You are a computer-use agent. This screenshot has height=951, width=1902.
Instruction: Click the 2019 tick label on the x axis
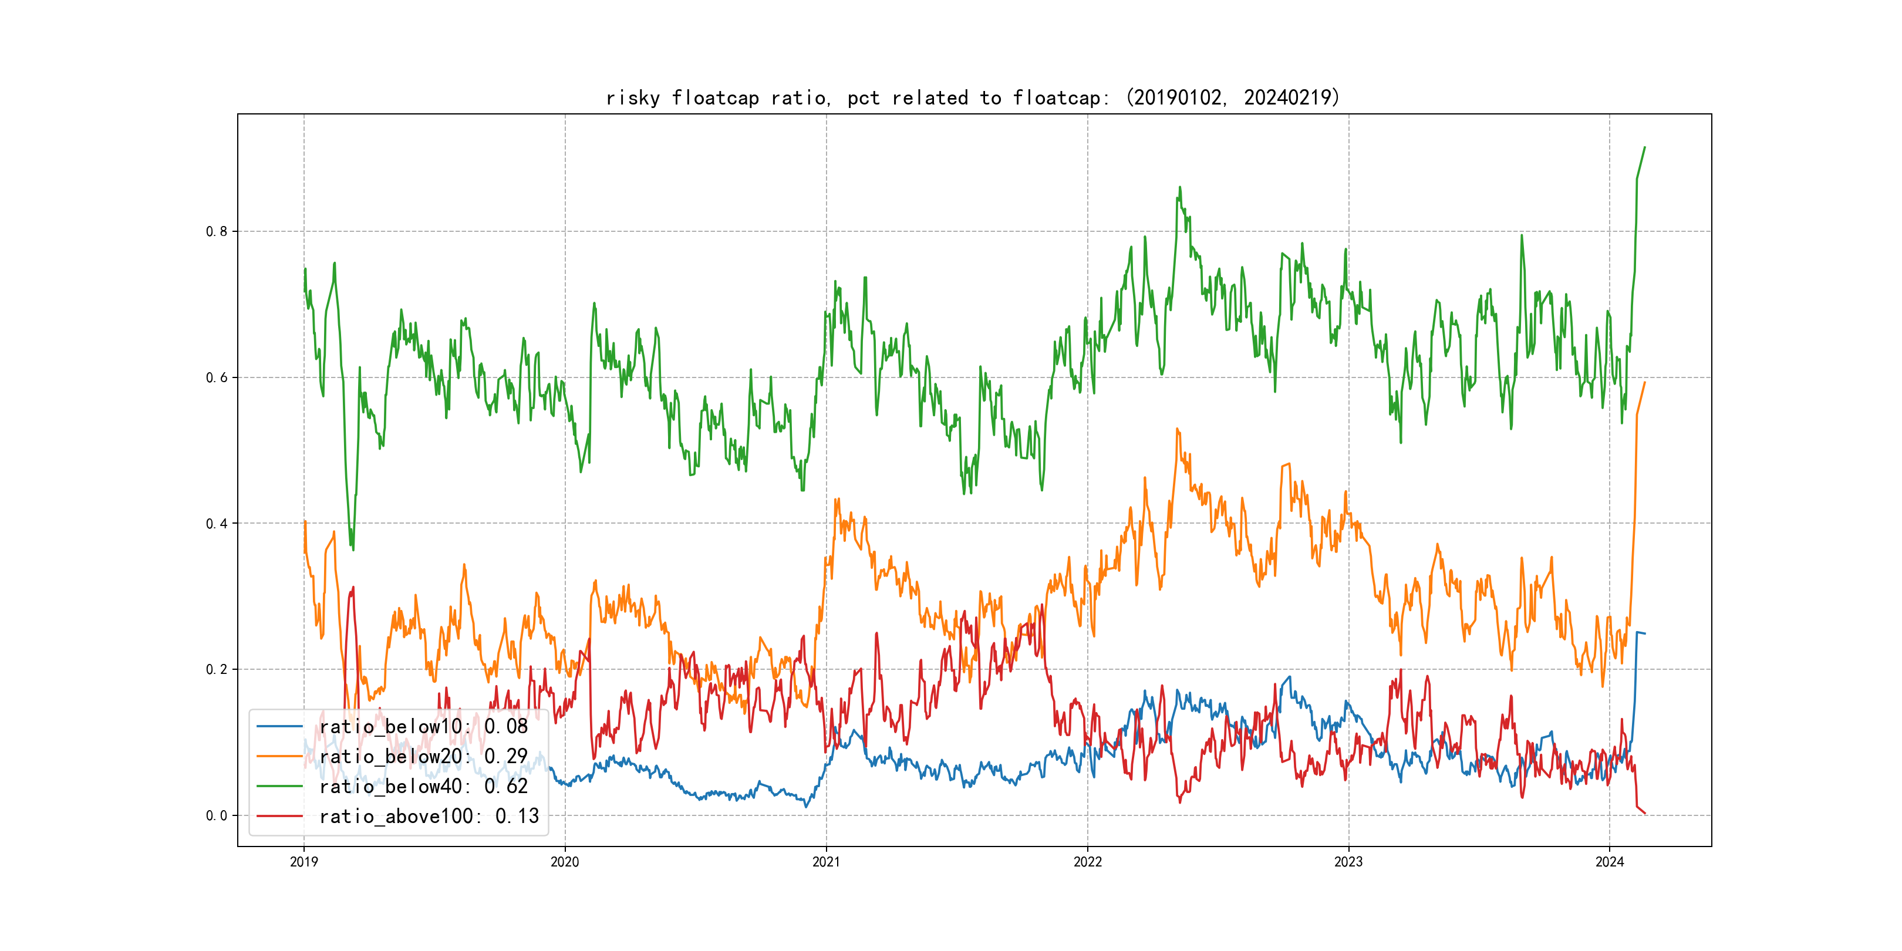[x=303, y=862]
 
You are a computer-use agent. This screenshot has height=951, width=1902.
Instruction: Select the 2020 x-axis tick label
[x=565, y=862]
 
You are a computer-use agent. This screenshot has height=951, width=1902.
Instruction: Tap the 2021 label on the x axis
[x=826, y=862]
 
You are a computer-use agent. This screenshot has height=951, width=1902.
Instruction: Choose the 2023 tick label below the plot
[x=1348, y=862]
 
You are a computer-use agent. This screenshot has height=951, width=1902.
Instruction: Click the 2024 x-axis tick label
[x=1610, y=862]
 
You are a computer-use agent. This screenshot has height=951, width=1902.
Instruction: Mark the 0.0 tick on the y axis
[x=217, y=816]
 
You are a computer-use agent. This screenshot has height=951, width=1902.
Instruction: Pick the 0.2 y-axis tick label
[x=217, y=670]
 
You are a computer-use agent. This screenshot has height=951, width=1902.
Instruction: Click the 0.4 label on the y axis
[x=217, y=524]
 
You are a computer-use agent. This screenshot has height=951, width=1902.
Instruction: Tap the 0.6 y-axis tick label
[x=217, y=377]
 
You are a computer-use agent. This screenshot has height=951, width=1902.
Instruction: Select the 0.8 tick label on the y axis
[x=217, y=231]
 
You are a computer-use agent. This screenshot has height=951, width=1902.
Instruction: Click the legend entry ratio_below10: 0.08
[x=423, y=727]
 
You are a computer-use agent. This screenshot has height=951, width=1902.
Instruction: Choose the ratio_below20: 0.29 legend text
[x=423, y=756]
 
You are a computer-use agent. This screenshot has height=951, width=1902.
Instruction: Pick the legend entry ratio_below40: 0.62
[x=423, y=787]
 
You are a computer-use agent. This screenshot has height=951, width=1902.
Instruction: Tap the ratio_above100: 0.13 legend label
[x=429, y=816]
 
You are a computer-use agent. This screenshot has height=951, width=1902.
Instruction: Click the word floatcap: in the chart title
[x=1060, y=97]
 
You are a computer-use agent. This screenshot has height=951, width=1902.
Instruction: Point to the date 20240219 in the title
[x=1288, y=97]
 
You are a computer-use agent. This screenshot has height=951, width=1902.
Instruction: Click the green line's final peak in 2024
[x=1644, y=148]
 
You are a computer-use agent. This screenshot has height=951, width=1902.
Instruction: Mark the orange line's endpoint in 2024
[x=1644, y=383]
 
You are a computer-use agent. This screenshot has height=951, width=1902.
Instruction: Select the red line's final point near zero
[x=1644, y=813]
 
